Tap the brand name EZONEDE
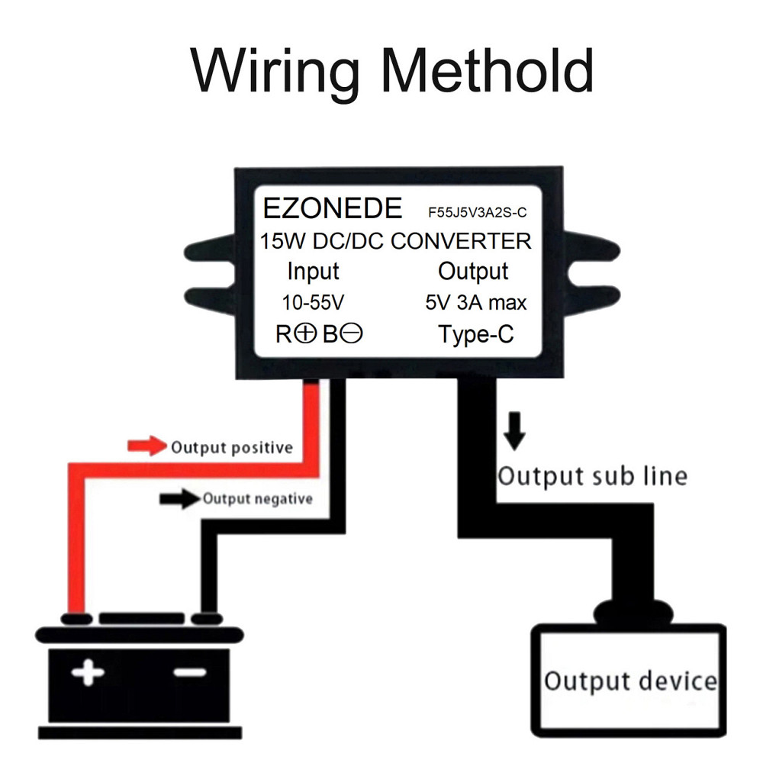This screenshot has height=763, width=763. click(332, 209)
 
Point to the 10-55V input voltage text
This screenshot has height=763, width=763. click(313, 302)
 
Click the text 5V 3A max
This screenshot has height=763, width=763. click(476, 302)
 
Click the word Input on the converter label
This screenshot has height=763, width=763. click(313, 271)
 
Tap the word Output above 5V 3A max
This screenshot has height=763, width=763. click(473, 271)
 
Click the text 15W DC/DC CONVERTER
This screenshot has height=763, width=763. click(395, 241)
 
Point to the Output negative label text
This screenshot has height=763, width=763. click(258, 499)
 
